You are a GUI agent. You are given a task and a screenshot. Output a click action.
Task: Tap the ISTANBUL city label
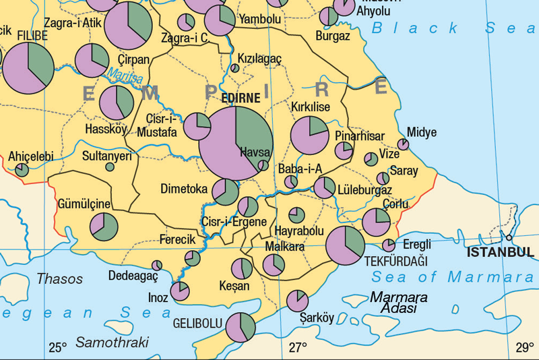coord(501,252)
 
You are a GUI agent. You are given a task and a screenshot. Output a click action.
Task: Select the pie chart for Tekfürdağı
coord(345,245)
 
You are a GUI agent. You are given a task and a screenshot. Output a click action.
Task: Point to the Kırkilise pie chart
coord(310,135)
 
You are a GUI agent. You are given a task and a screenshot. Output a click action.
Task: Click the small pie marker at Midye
coord(403,144)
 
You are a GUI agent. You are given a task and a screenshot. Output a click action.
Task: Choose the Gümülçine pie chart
coord(104,227)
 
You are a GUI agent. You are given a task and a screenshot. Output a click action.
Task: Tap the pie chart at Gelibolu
coord(241,327)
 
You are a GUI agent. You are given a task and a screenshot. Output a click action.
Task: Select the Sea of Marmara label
coord(452,276)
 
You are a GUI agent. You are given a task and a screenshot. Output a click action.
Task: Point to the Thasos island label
coord(60,278)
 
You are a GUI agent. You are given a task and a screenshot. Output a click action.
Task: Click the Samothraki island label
coord(112,342)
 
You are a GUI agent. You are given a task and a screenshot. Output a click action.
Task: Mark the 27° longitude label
coord(298,348)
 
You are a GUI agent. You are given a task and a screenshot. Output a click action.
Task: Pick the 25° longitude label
coord(58,348)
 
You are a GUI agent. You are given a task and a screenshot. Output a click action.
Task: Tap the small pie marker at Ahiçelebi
coord(22,170)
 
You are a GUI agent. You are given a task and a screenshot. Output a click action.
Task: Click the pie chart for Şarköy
coord(297,301)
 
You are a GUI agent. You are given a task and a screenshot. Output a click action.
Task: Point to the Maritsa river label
coord(125,77)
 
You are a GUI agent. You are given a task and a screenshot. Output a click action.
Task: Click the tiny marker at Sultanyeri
coord(110,167)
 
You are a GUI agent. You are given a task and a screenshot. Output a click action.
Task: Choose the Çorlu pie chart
coord(376,222)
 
